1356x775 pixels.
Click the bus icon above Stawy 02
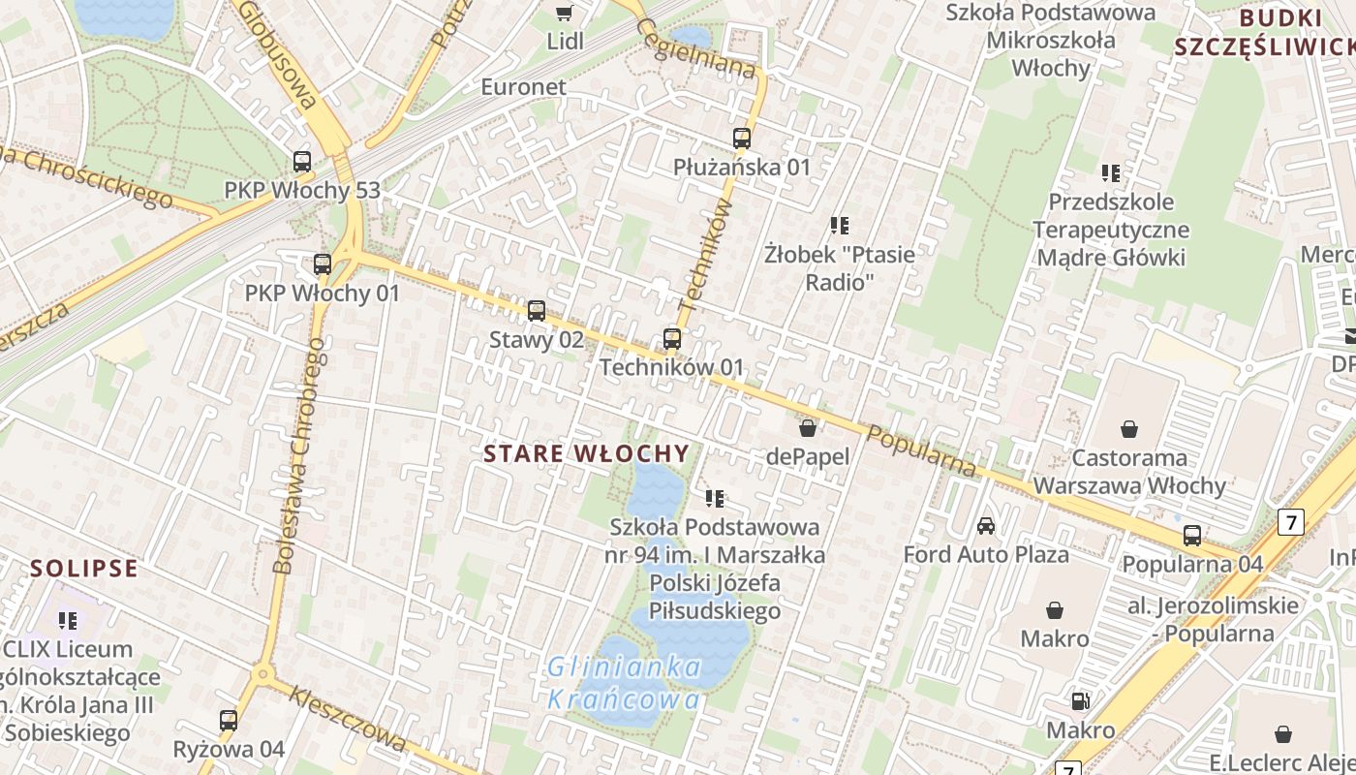point(536,311)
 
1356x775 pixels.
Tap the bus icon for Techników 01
point(672,339)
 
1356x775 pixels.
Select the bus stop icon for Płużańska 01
point(742,139)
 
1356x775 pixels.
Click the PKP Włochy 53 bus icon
point(302,162)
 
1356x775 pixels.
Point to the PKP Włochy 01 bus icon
point(323,263)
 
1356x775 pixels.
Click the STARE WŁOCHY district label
point(586,453)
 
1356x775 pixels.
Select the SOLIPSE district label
point(83,568)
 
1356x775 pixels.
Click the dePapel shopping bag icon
point(808,427)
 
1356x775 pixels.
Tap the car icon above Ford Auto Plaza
point(986,526)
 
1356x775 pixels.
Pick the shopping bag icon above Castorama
point(1129,428)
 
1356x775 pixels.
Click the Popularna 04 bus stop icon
point(1192,536)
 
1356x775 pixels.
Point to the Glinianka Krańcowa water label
point(625,683)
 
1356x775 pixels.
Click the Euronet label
point(523,86)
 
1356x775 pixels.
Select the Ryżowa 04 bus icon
point(229,721)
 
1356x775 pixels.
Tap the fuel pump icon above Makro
point(1080,700)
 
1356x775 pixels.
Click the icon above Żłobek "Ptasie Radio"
point(840,226)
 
